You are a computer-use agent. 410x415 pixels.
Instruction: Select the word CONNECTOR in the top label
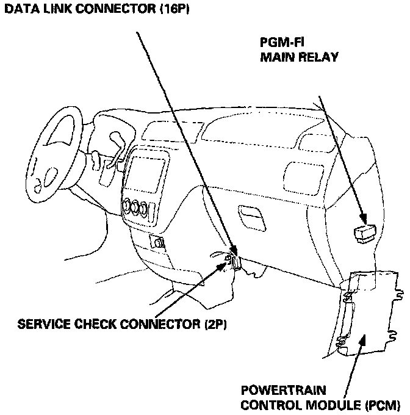110,9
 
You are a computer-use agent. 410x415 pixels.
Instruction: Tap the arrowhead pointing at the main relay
362,220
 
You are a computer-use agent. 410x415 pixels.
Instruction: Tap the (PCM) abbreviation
383,403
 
